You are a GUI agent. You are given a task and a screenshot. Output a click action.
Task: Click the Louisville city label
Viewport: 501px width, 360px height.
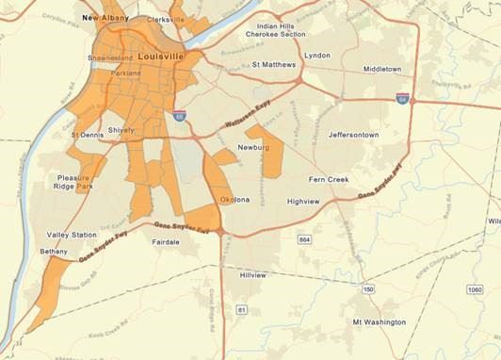[x=160, y=57]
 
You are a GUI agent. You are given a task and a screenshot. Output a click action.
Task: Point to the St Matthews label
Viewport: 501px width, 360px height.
[x=274, y=65]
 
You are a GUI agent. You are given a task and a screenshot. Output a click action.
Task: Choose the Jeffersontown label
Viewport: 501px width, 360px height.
[x=353, y=135]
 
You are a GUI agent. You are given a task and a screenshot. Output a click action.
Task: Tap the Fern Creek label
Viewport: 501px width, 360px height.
[x=330, y=179]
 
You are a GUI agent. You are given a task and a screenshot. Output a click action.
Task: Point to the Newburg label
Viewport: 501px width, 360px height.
[x=254, y=148]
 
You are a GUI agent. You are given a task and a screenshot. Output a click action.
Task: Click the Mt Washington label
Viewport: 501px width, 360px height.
[x=379, y=322]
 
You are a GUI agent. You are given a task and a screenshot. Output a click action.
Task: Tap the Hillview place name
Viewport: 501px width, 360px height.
[x=253, y=275]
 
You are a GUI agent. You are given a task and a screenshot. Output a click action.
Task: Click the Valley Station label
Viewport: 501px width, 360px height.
[x=72, y=235]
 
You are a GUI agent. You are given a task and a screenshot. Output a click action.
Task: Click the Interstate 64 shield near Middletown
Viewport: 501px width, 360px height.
[x=402, y=98]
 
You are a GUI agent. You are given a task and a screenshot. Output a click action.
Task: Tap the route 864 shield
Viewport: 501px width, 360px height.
[x=304, y=240]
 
